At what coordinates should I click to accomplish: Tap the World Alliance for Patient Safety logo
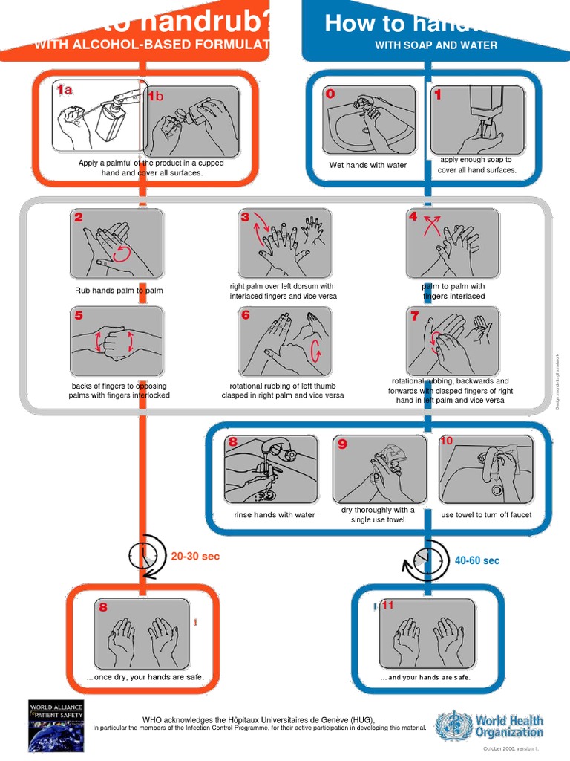[56, 725]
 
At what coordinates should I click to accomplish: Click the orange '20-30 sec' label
[195, 556]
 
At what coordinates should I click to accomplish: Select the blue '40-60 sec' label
[476, 560]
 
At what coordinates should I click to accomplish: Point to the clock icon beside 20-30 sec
[142, 557]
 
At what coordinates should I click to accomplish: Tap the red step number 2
[79, 218]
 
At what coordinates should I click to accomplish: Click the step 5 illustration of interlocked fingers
[117, 342]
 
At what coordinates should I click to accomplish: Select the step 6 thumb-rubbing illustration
[285, 342]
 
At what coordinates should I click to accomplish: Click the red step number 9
[342, 444]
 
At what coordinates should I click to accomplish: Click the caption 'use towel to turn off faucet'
[486, 515]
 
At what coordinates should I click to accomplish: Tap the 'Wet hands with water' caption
[368, 165]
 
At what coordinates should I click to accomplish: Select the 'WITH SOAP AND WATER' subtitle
[436, 45]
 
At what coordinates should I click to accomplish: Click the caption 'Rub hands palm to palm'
[119, 291]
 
